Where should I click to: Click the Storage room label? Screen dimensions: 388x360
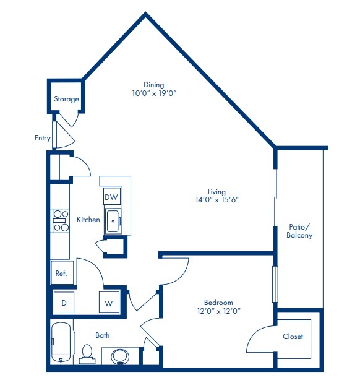(x=66, y=99)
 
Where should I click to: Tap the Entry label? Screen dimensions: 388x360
(x=42, y=139)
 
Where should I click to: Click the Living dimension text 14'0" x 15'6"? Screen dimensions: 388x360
(x=216, y=200)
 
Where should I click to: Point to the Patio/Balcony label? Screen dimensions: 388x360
(x=300, y=231)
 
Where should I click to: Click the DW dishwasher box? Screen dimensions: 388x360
(x=111, y=197)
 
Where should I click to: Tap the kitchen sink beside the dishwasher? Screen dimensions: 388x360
(x=113, y=222)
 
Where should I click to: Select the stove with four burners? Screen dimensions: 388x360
(x=60, y=221)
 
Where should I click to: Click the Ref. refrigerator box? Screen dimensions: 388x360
(x=62, y=272)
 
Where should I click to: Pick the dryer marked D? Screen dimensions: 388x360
(x=63, y=303)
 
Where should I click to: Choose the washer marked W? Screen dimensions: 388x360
(x=108, y=303)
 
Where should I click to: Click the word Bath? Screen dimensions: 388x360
(x=103, y=335)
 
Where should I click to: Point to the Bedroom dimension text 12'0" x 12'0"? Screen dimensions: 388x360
(x=219, y=311)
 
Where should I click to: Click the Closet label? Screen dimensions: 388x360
(x=293, y=337)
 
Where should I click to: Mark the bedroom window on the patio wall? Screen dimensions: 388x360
(x=275, y=284)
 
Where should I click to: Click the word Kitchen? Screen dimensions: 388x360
(x=88, y=220)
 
